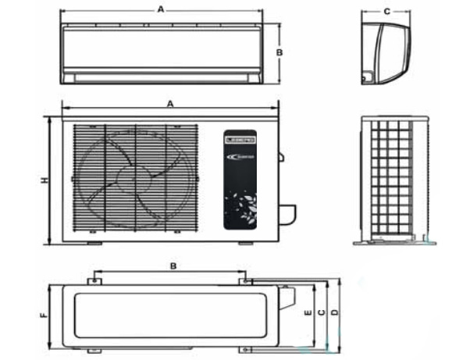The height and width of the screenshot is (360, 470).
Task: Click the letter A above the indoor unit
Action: (161, 9)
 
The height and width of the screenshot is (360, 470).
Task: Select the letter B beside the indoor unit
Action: (280, 52)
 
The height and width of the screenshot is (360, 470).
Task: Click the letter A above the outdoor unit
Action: (169, 103)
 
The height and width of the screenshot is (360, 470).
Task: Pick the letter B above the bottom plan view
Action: (173, 266)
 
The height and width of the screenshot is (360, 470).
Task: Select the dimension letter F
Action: (44, 316)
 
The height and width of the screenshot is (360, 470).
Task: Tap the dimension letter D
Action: (335, 312)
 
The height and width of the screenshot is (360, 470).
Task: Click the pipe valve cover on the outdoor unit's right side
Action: (287, 212)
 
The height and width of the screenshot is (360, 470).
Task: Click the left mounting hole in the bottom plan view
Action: (93, 280)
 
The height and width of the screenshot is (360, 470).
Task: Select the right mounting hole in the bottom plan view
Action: (246, 280)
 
